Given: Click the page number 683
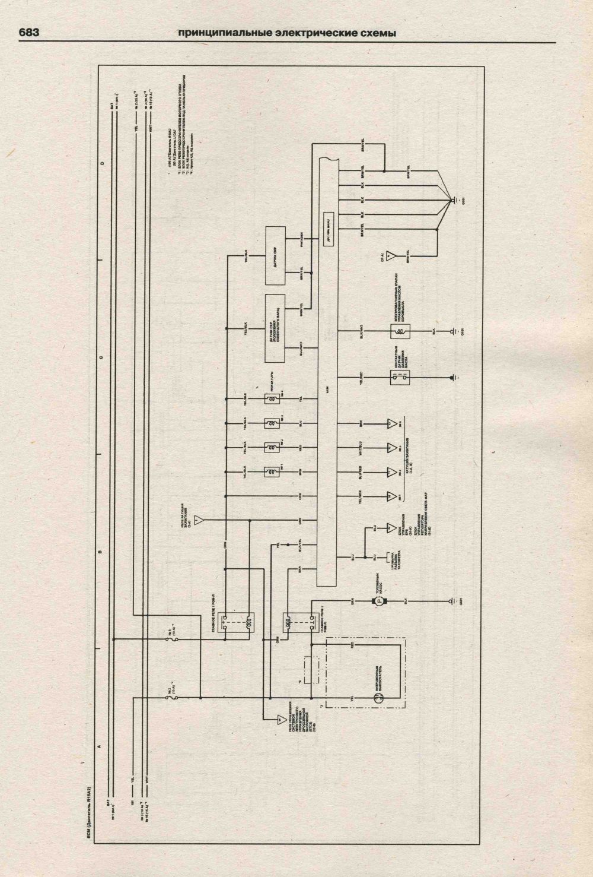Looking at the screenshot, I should tap(28, 33).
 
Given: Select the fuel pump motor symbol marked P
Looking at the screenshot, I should tap(374, 601).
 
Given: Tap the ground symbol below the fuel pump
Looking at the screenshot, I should tap(454, 601).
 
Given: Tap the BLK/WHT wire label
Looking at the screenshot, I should tap(361, 330).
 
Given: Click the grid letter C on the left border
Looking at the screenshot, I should tap(101, 357).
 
